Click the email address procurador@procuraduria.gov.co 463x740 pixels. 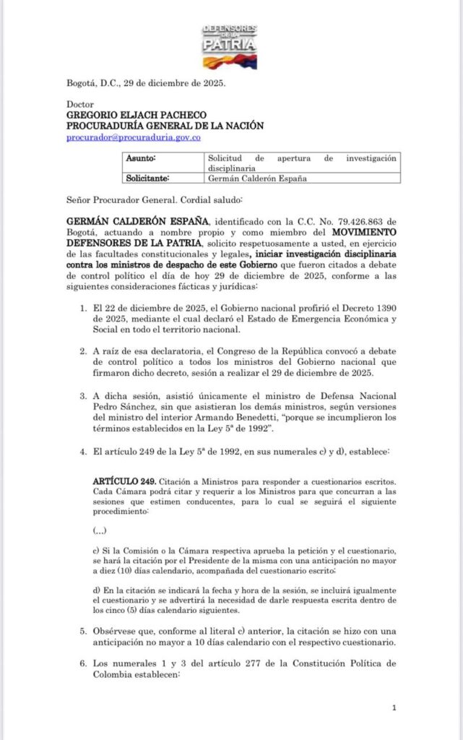click(x=133, y=137)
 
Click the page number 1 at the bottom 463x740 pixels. click(x=394, y=708)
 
